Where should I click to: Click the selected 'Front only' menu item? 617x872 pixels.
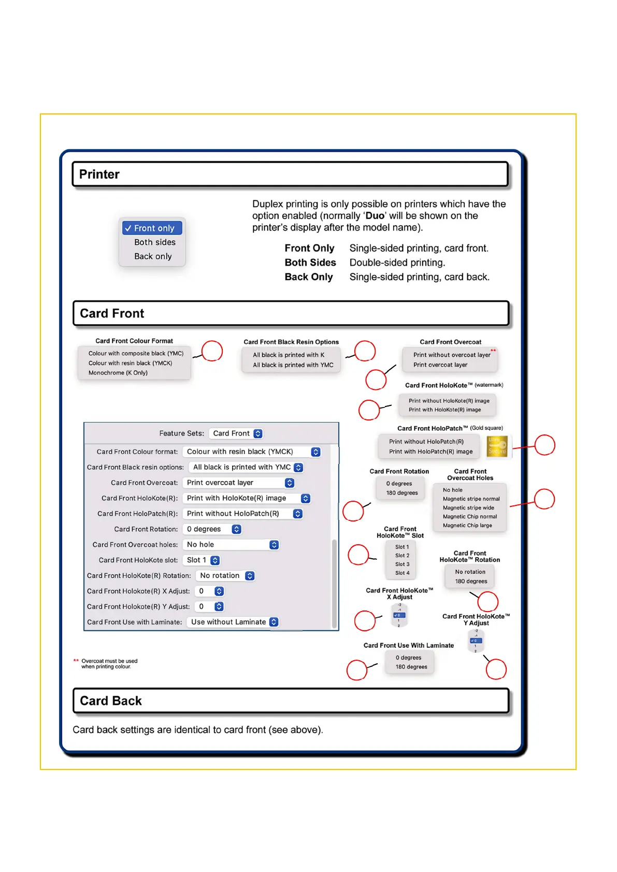pos(152,228)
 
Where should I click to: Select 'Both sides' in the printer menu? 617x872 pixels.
pos(154,242)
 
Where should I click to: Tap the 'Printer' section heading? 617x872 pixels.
pos(99,175)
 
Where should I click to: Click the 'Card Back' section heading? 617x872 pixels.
pos(111,701)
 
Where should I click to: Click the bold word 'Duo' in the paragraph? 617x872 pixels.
pos(375,216)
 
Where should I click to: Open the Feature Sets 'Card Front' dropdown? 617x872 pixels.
pos(237,434)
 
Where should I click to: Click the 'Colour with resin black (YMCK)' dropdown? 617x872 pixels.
pos(253,452)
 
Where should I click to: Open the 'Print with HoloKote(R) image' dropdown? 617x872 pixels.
pos(248,499)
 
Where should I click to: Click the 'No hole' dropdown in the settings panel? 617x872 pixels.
pos(232,545)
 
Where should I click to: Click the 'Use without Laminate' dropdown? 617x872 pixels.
pos(234,622)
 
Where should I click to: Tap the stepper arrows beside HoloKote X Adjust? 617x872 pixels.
pos(219,591)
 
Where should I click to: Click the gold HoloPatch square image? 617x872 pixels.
pos(498,446)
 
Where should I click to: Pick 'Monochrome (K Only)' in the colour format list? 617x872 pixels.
pos(118,373)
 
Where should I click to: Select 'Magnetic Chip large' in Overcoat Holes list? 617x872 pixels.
pos(467,526)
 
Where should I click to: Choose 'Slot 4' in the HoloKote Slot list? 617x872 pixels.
pos(402,573)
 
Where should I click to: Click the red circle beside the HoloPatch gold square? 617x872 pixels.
pos(544,445)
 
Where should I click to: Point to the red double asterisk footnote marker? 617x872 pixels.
pos(76,661)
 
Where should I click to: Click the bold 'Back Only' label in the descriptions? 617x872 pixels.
pos(309,277)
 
